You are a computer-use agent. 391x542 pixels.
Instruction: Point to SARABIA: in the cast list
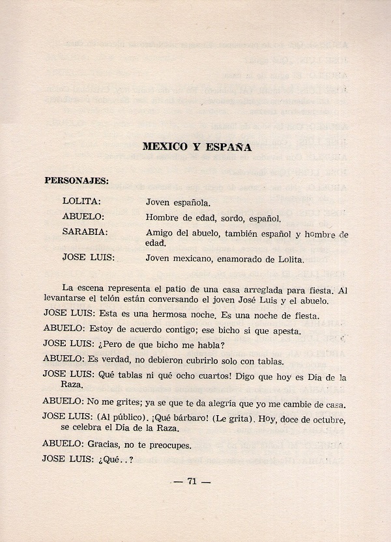pyautogui.click(x=85, y=233)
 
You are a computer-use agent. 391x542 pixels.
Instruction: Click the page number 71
pyautogui.click(x=192, y=481)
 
